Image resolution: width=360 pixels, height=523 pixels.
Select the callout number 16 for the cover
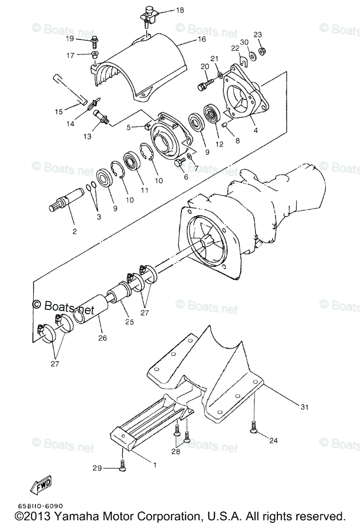tap(201, 39)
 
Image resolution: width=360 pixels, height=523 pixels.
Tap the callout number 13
tap(87, 136)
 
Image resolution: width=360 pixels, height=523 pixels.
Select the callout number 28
tap(176, 452)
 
